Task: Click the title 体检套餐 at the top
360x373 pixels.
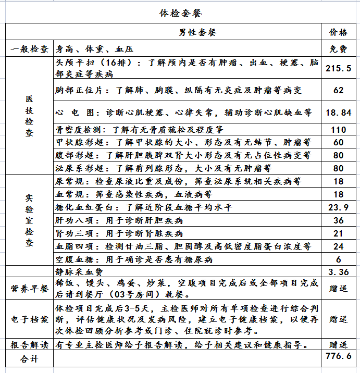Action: click(x=180, y=13)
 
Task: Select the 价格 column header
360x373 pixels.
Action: click(x=338, y=32)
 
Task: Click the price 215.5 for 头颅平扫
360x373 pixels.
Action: click(x=338, y=69)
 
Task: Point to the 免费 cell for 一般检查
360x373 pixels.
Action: click(x=338, y=49)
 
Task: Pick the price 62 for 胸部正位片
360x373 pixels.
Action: click(x=338, y=90)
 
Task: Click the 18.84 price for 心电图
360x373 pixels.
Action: click(x=338, y=112)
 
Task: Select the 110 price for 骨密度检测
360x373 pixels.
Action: click(x=338, y=130)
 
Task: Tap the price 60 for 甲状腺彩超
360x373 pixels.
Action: click(x=338, y=142)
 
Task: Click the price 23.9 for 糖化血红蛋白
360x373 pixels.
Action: click(x=338, y=207)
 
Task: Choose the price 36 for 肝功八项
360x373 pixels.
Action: click(x=338, y=220)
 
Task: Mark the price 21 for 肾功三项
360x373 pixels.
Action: click(x=338, y=233)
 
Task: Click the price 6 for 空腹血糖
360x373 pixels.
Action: click(x=338, y=259)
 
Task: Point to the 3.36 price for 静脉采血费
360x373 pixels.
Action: click(x=338, y=271)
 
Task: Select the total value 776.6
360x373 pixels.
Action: click(x=338, y=358)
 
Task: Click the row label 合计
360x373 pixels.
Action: click(x=29, y=358)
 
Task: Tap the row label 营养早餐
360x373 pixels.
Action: click(x=29, y=288)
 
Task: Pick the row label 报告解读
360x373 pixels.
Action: click(x=29, y=345)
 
